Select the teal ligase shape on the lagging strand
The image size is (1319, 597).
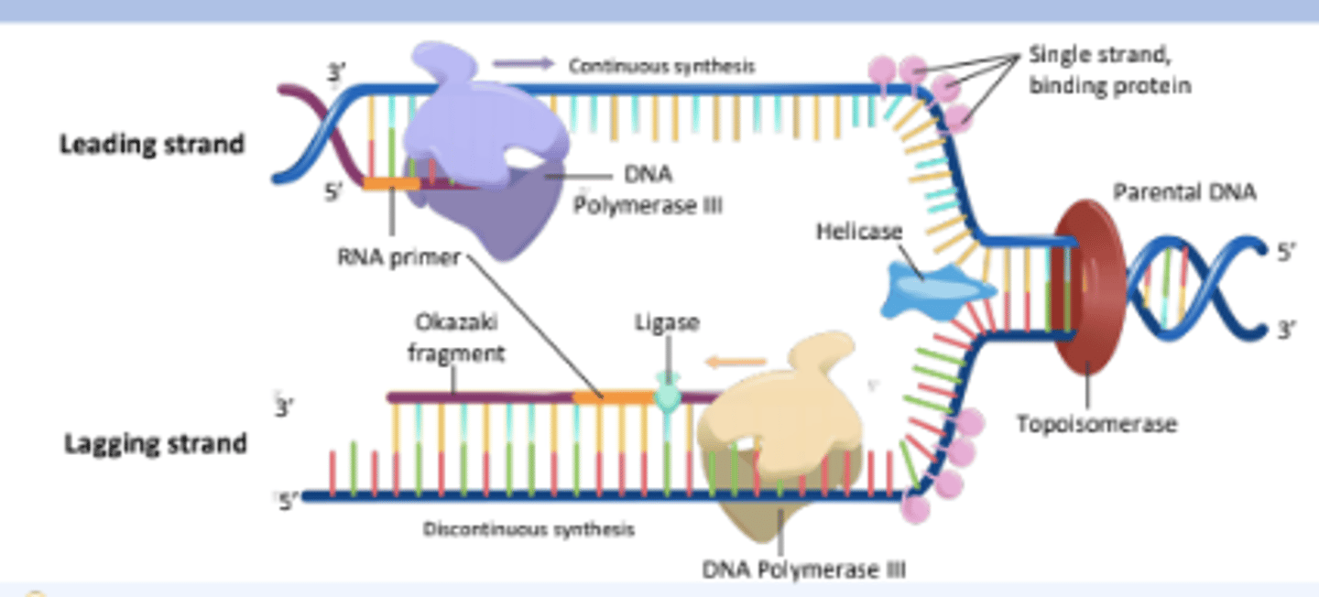click(x=669, y=396)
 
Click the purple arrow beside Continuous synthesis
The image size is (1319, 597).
click(x=523, y=64)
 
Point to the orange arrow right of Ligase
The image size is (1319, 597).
click(x=737, y=362)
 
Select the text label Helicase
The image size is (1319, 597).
click(x=858, y=233)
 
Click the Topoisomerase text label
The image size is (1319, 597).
click(x=1096, y=423)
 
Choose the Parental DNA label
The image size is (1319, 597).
click(x=1184, y=192)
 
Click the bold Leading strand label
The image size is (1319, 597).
click(x=152, y=145)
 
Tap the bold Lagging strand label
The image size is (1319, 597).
click(x=155, y=444)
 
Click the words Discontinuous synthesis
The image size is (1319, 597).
click(x=529, y=529)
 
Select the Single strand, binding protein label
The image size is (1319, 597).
click(x=1108, y=70)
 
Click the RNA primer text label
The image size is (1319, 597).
click(x=398, y=257)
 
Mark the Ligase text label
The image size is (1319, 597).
click(x=667, y=322)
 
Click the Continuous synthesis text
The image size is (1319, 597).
click(x=661, y=66)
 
